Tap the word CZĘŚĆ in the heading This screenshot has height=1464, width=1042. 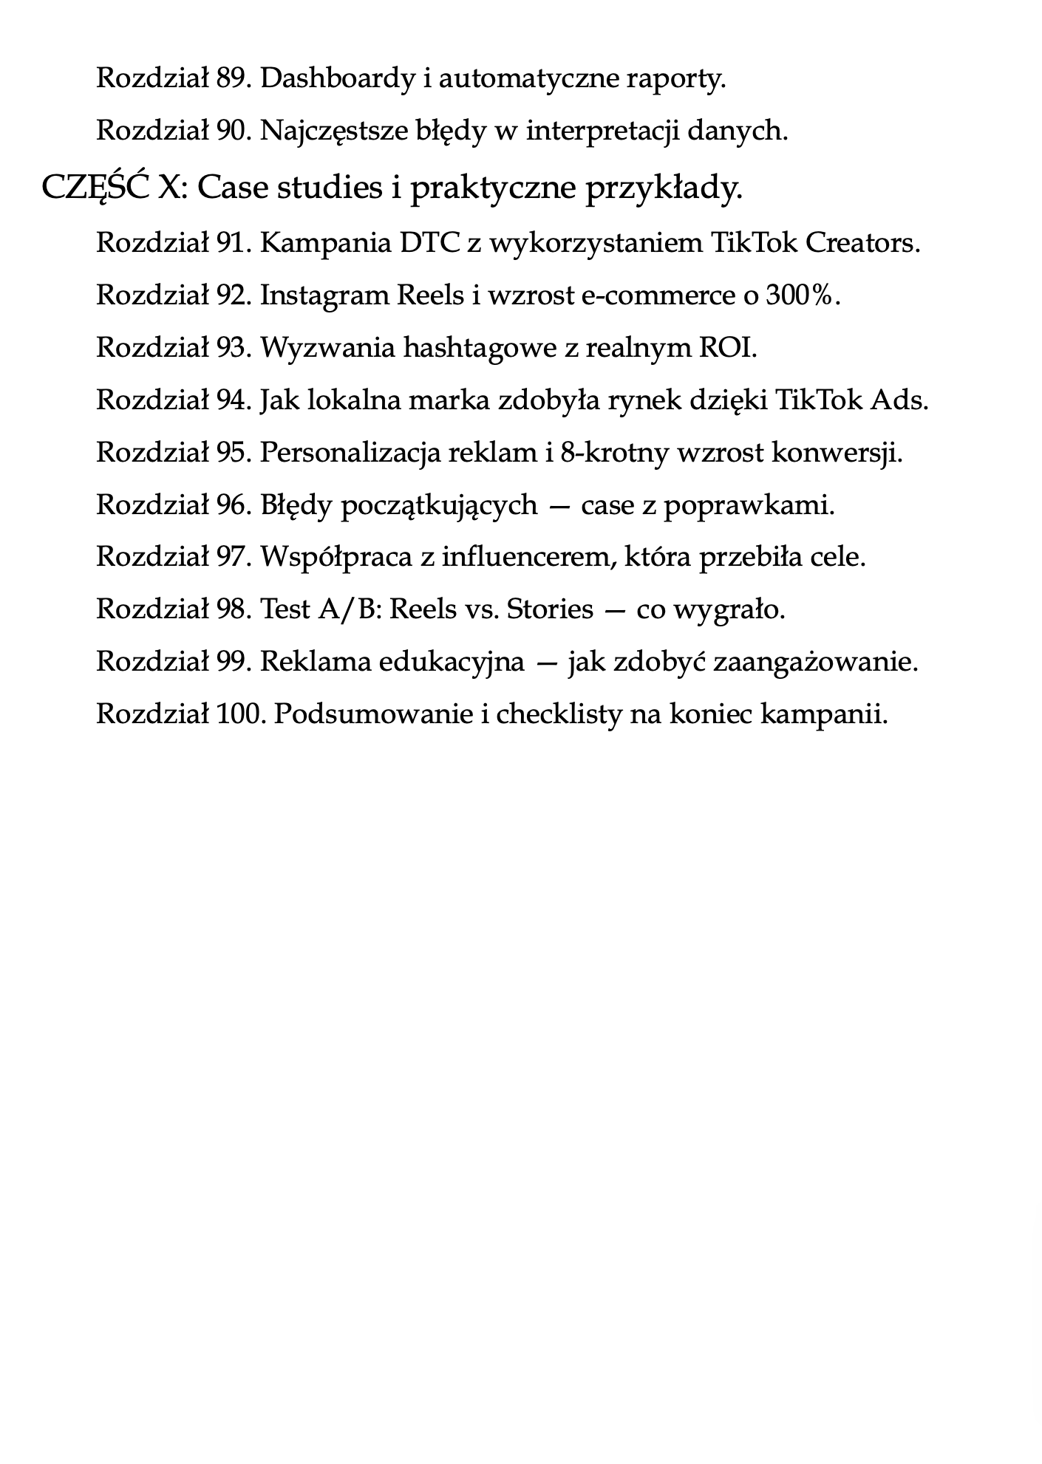tap(96, 187)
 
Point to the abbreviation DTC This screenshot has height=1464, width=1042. tap(429, 242)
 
